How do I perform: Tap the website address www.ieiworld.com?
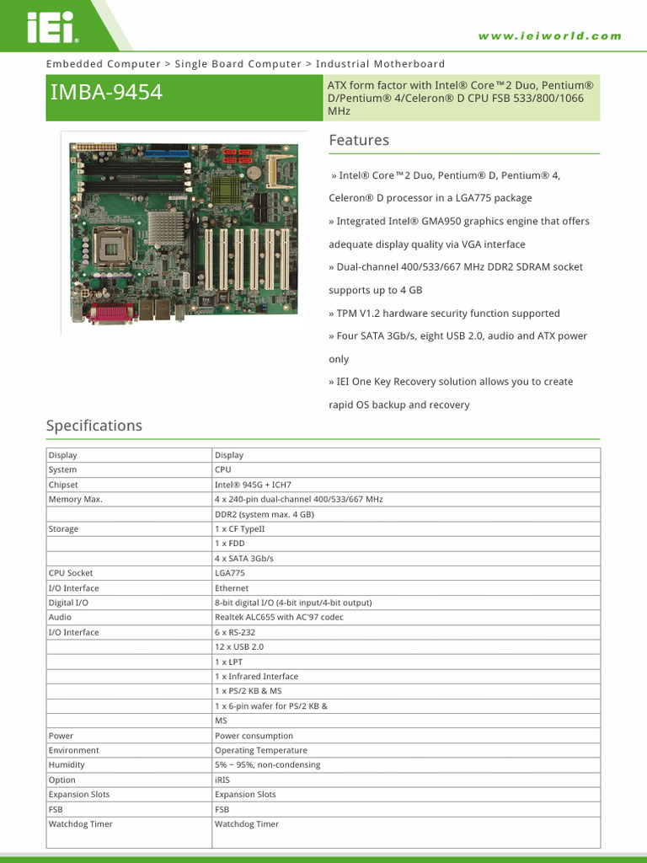pos(549,36)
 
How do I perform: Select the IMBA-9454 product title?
pos(106,92)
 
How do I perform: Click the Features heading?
pos(359,140)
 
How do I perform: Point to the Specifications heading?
pos(94,426)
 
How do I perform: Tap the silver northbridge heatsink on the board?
pos(166,227)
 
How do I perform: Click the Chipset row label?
pos(63,485)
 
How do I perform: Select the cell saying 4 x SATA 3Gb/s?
pos(244,559)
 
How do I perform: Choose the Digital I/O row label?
pos(68,603)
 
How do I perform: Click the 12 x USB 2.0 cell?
pos(239,647)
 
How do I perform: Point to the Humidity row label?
pos(67,765)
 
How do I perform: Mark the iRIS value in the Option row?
pos(223,780)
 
